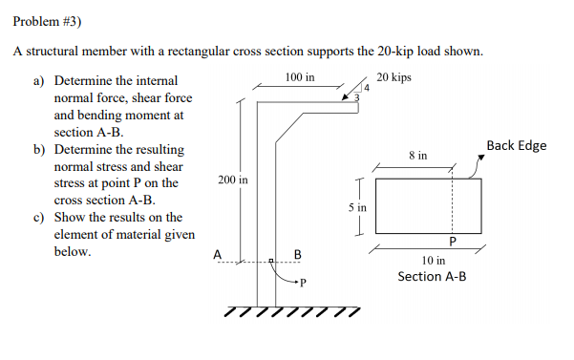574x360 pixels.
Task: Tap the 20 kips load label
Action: point(394,76)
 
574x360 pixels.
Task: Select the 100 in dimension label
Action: point(299,76)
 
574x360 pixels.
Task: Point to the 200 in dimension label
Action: point(232,180)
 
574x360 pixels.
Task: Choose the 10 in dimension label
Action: point(433,260)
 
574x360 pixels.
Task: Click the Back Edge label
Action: point(516,145)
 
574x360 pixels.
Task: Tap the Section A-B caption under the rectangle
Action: point(432,276)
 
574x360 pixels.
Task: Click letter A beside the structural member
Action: point(218,254)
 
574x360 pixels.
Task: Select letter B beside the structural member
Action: point(297,254)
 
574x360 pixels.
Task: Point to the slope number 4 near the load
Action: point(364,90)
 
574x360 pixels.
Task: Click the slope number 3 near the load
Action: point(356,97)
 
